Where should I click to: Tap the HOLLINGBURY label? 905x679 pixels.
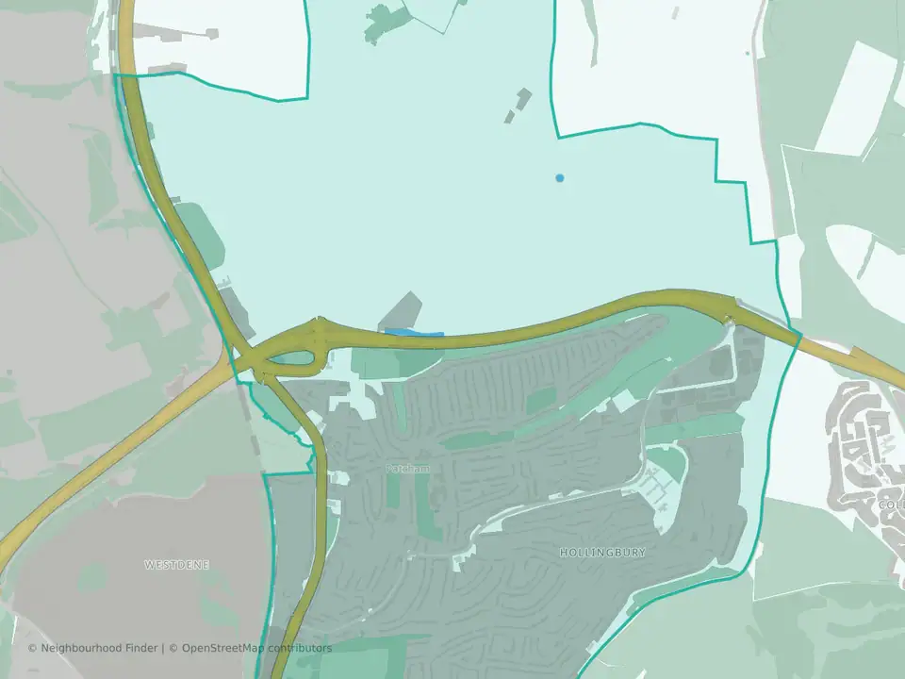602,553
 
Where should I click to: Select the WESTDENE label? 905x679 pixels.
176,564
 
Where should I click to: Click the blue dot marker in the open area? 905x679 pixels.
560,177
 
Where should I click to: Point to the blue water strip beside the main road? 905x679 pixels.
414,332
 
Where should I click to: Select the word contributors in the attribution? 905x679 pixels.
300,648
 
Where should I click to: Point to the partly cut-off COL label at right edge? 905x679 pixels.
891,505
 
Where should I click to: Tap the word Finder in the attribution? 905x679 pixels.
143,648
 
